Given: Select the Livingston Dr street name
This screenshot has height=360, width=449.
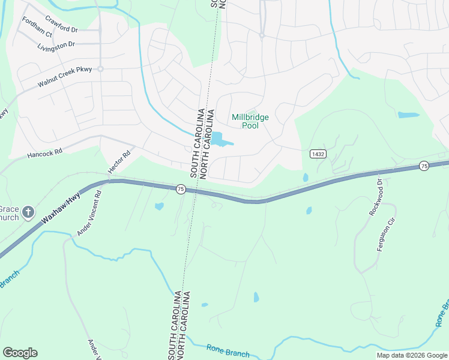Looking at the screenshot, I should (56, 46).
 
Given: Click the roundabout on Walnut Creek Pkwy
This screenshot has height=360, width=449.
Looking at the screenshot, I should (101, 68).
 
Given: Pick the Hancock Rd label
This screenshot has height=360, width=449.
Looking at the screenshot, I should (44, 154).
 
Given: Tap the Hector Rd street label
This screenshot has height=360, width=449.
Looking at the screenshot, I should (119, 162).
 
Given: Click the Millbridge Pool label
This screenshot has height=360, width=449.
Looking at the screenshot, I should (250, 122).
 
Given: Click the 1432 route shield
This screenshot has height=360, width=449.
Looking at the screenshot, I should (318, 154).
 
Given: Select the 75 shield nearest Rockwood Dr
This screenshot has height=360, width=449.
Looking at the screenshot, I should (424, 166).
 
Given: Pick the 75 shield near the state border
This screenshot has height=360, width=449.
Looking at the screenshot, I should (180, 189).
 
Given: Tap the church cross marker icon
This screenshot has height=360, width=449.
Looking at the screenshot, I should (28, 212).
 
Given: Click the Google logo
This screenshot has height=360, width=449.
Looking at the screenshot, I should (20, 353).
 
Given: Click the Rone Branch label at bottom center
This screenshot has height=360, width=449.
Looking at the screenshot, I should (228, 350).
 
